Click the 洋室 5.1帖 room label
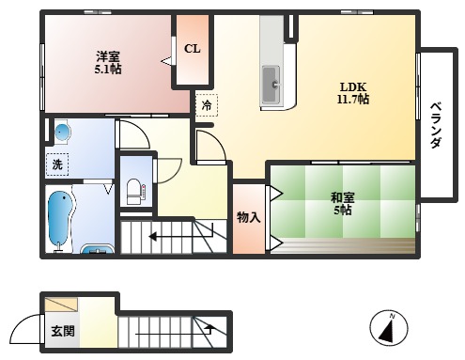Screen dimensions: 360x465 [x=106, y=61]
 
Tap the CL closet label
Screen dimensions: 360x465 [x=191, y=49]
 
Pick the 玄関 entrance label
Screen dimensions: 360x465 [x=63, y=332]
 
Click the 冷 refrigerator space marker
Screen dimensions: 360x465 [x=205, y=105]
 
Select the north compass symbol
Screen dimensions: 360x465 [x=387, y=328]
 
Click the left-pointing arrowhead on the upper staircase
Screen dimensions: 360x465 [x=152, y=237]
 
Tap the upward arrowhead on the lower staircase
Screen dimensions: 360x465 [x=209, y=328]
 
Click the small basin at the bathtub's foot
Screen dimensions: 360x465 [x=97, y=250]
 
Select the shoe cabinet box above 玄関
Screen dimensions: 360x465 [x=63, y=305]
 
